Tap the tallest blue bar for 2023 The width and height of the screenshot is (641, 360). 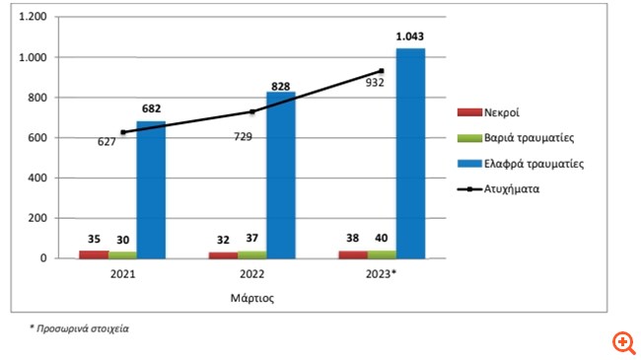[x=409, y=153]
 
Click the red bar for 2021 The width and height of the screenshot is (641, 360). [x=94, y=253]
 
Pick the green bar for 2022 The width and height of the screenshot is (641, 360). [x=251, y=253]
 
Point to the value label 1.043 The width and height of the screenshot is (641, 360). [x=410, y=36]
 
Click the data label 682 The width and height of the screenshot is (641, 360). [x=151, y=109]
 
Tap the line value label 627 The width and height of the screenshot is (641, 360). [x=107, y=141]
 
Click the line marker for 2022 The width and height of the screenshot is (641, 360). [x=251, y=111]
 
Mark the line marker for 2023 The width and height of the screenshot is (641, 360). [x=381, y=70]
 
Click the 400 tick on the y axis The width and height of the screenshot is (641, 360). [x=37, y=178]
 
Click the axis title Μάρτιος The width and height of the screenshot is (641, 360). [x=251, y=294]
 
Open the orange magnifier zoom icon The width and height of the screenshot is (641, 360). [x=622, y=342]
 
